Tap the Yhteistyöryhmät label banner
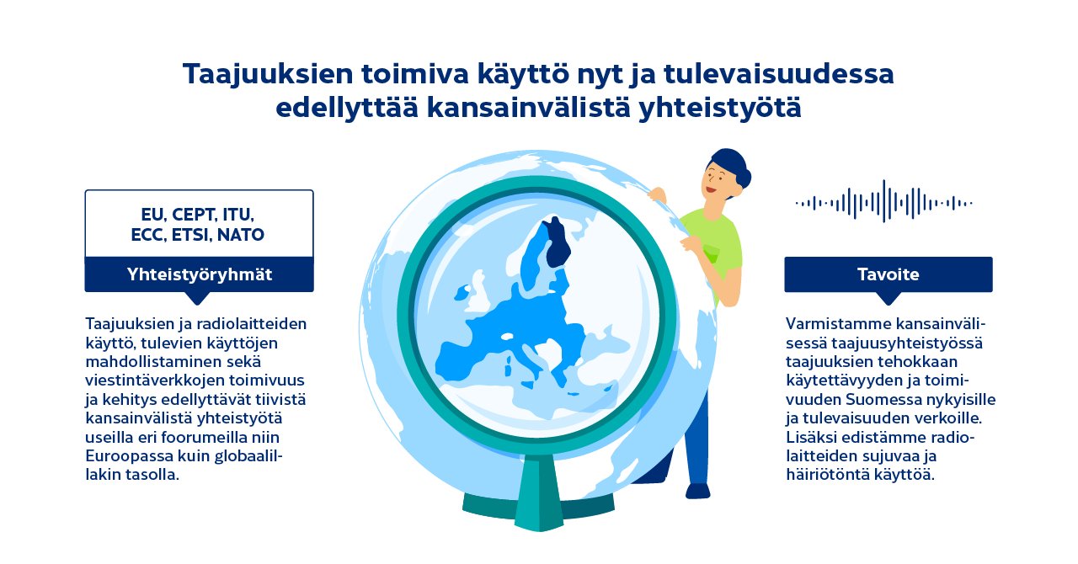[x=199, y=274]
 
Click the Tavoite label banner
[x=888, y=274]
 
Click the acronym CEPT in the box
[x=195, y=214]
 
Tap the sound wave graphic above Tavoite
[x=883, y=202]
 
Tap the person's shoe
[x=697, y=490]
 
